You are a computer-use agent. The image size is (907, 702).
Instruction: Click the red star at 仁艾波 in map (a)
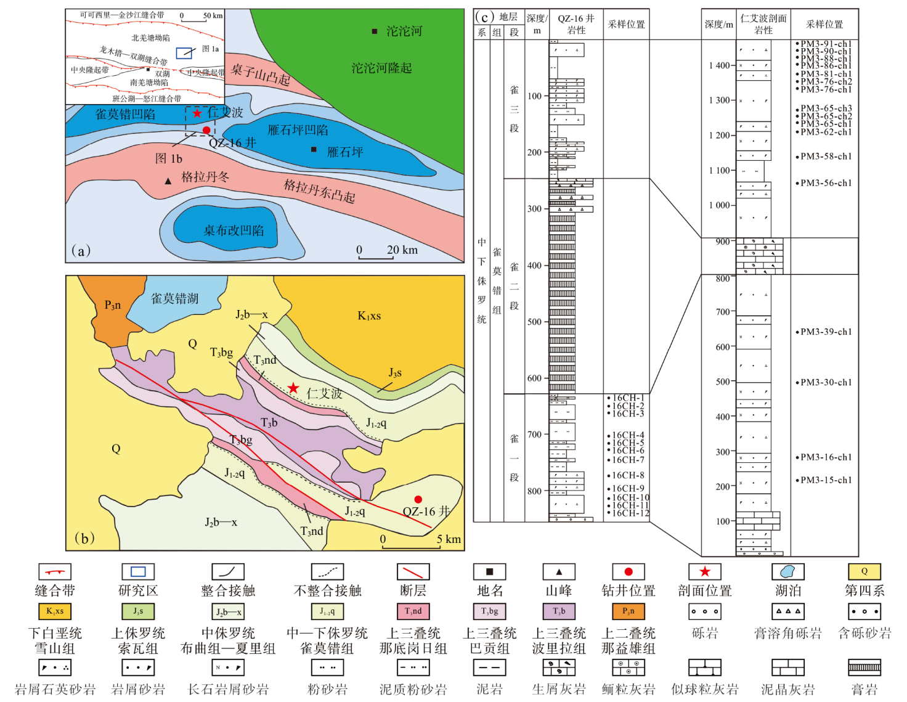point(197,113)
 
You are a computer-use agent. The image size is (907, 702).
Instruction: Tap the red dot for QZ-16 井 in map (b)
point(418,499)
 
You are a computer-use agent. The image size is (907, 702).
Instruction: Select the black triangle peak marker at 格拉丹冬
point(168,181)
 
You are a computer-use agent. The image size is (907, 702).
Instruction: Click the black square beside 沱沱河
point(374,31)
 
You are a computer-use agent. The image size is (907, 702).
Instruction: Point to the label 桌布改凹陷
point(234,231)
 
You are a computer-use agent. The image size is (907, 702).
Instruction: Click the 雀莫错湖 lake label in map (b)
point(175,299)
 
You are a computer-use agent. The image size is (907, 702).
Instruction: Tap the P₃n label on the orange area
point(113,305)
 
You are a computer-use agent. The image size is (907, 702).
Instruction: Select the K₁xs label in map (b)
point(369,316)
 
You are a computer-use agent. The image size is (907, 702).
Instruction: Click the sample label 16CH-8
point(628,475)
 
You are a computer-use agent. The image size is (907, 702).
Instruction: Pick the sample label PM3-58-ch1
point(826,157)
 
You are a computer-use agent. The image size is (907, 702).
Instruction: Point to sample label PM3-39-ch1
point(826,332)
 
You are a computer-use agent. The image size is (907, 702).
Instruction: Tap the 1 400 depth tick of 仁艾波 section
point(719,65)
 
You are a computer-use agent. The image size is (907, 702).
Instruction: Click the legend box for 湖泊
point(787,571)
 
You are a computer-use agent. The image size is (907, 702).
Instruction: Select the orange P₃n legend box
point(628,611)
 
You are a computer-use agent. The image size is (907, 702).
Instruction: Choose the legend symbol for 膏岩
point(864,667)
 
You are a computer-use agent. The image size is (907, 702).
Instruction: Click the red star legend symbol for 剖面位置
point(705,571)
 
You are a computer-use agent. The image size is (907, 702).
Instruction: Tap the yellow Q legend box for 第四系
point(864,571)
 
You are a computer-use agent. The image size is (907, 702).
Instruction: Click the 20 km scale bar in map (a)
point(375,258)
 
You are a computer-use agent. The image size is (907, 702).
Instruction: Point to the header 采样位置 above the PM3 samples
point(824,25)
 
